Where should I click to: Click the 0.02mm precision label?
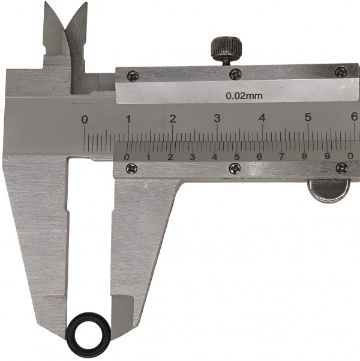(244, 96)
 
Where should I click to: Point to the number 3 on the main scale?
(217, 118)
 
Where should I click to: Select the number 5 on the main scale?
(308, 117)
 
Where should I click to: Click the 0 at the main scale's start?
(85, 120)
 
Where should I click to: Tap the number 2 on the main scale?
(173, 119)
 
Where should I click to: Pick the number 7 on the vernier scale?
(281, 157)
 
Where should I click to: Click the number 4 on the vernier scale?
(215, 157)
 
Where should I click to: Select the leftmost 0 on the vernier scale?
(127, 157)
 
